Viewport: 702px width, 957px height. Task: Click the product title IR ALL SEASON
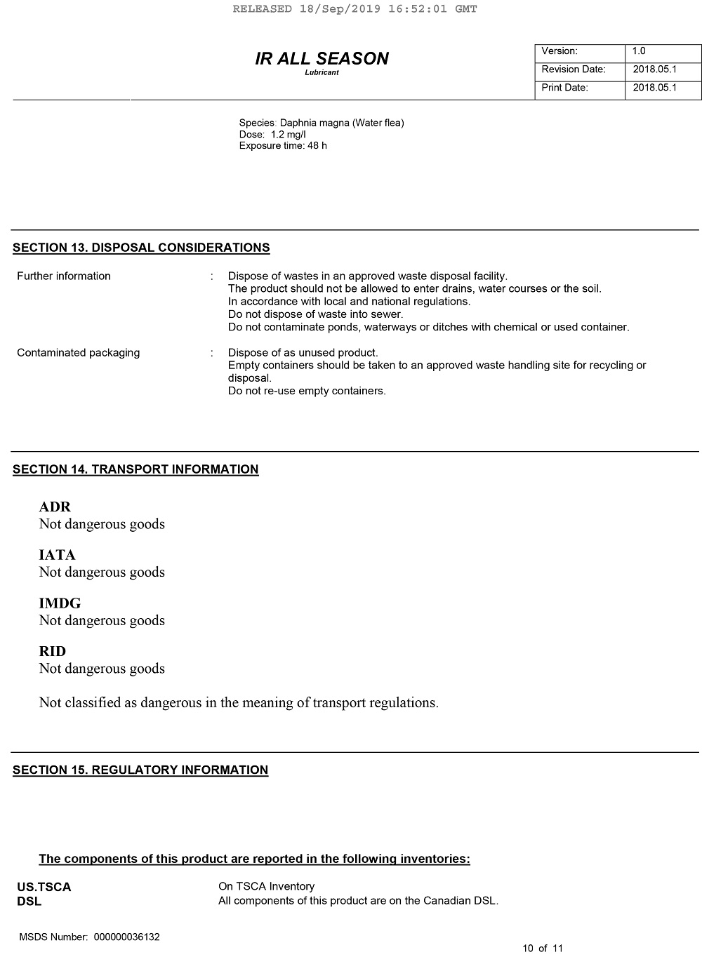tap(322, 58)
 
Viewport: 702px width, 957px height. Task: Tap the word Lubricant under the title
tap(322, 73)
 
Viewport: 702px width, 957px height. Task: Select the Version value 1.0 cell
tap(662, 51)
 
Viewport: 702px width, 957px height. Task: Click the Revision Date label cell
tap(579, 69)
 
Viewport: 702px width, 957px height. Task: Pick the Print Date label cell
tap(579, 88)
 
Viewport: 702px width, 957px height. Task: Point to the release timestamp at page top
tap(355, 9)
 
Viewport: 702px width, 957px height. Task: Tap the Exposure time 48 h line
tap(283, 146)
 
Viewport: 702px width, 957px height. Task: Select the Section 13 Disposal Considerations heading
tap(141, 248)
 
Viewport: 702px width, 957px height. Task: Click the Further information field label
tap(64, 276)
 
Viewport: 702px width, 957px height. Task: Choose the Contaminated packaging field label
tap(78, 353)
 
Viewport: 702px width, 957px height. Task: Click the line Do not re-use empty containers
tap(307, 391)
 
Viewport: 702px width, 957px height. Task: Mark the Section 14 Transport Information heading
tap(135, 469)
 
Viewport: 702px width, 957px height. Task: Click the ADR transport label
tap(55, 507)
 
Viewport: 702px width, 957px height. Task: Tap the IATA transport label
tap(57, 555)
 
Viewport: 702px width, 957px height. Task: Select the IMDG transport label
tap(60, 603)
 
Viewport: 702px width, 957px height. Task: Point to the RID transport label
tap(53, 651)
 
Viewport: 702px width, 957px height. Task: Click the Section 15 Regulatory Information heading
tap(140, 770)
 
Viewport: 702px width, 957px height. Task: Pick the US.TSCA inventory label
tap(44, 887)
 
